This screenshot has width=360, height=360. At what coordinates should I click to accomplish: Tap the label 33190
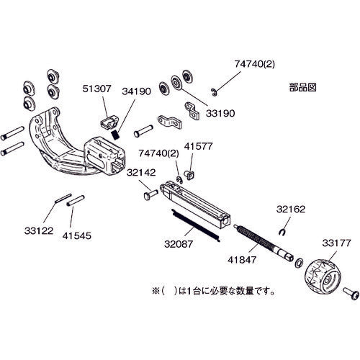(x=220, y=114)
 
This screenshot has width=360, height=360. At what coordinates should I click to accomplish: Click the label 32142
(x=143, y=172)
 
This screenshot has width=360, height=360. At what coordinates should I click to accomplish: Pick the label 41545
(x=77, y=235)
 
